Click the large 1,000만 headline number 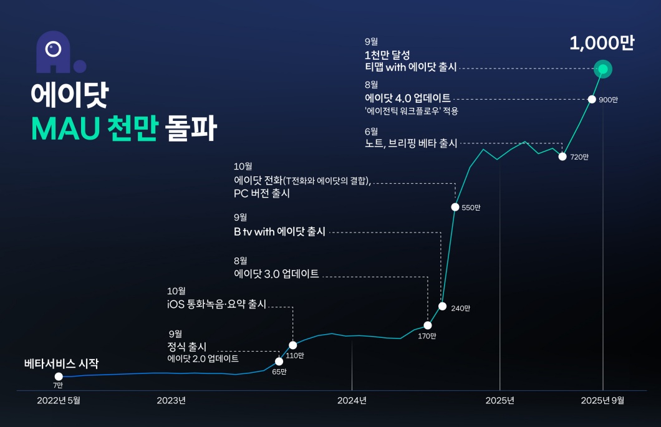602,43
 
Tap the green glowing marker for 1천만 603,69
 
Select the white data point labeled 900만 592,99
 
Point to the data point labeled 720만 562,156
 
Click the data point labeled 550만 455,207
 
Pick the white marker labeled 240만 442,306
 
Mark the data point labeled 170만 428,325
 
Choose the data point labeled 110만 293,345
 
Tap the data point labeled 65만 279,362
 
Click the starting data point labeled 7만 59,377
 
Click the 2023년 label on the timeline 171,400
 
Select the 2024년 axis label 352,400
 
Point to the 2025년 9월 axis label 602,400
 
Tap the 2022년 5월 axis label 59,400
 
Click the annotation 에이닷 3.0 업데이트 276,274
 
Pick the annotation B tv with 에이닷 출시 279,231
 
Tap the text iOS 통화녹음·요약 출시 216,304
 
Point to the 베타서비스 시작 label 61,363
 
